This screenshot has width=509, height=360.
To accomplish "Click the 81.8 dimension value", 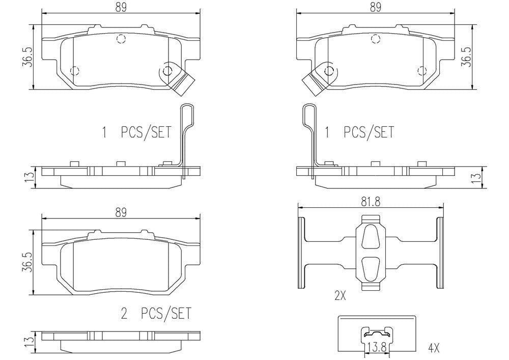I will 370,202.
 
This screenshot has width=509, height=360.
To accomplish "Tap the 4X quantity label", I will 434,349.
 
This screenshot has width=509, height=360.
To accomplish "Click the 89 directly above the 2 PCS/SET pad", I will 120,212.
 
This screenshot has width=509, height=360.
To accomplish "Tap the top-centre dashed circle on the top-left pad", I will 121,38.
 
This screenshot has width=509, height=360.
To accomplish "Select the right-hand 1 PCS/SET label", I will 359,133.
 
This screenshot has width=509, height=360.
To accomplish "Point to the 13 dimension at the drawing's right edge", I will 476,178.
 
